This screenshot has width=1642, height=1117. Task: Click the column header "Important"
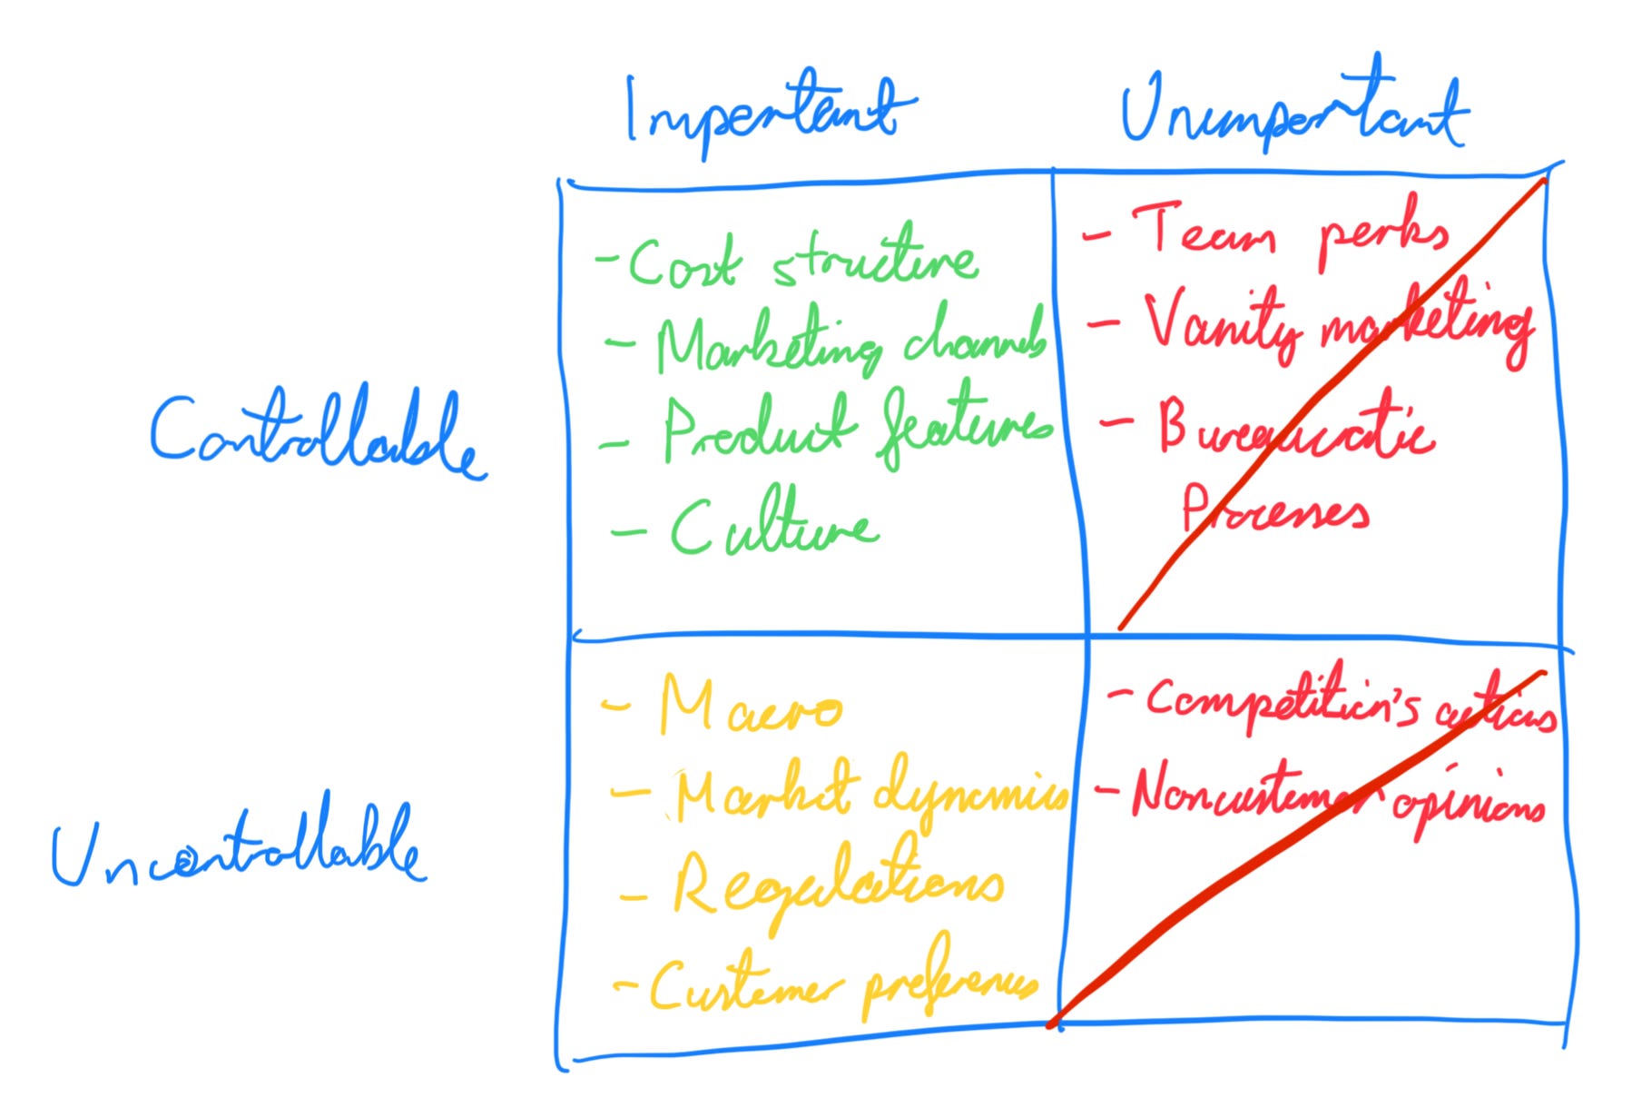[x=767, y=114]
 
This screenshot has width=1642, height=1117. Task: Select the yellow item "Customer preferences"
[x=840, y=985]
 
